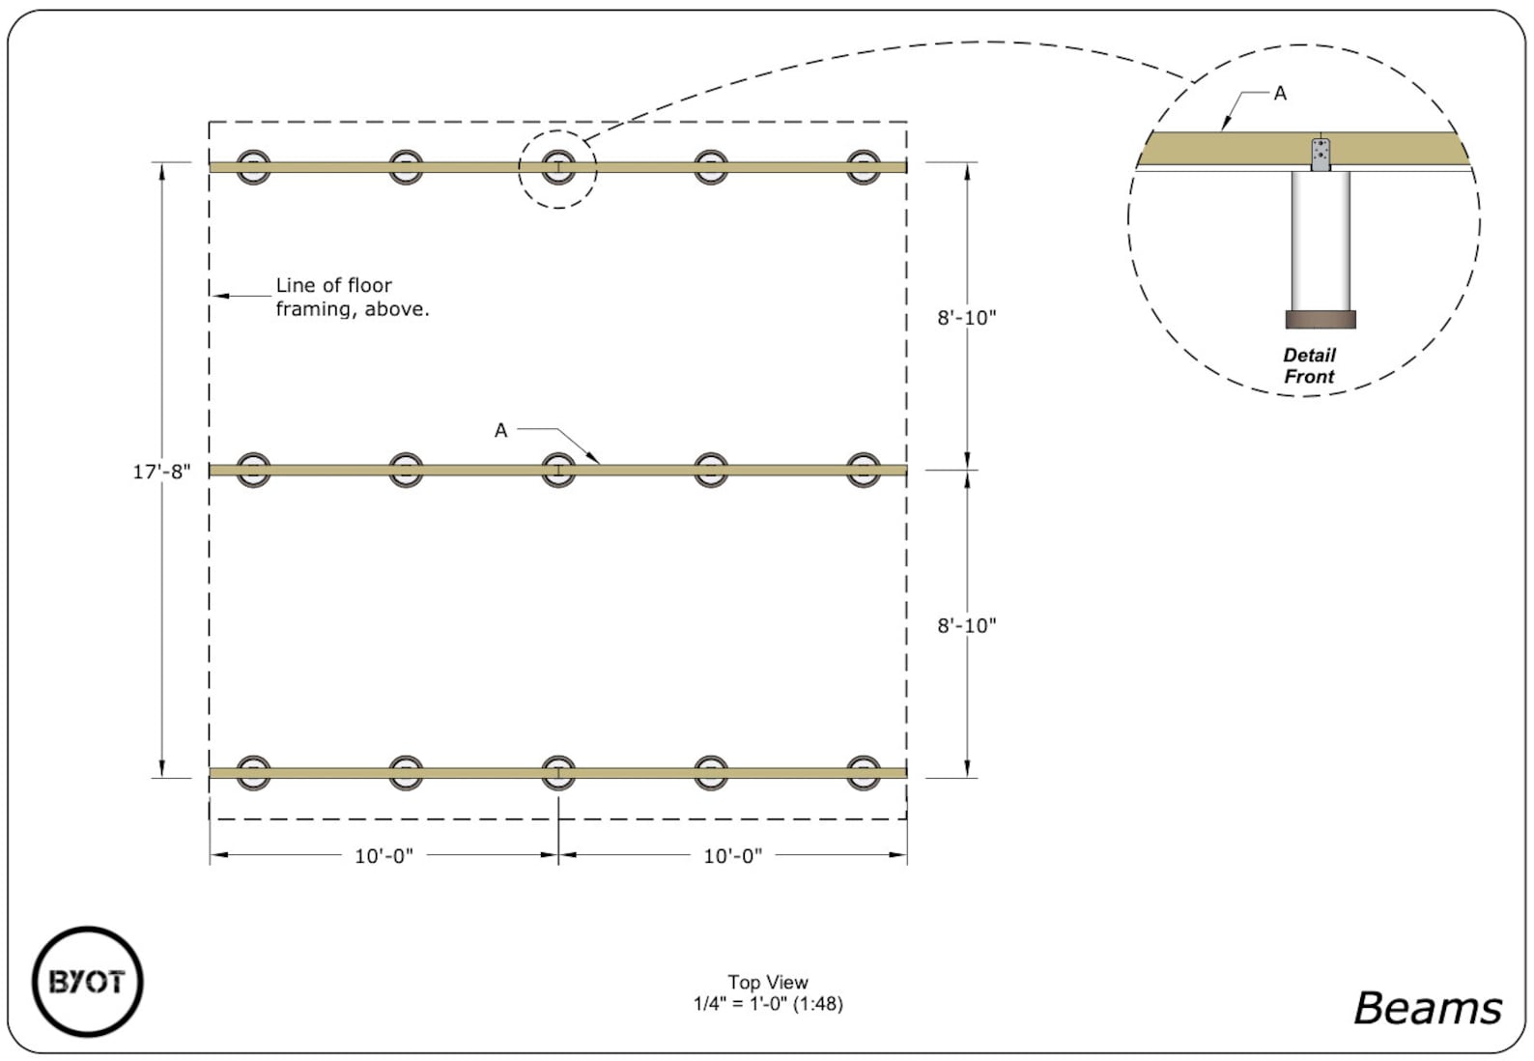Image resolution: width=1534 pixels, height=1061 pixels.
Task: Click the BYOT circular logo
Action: pyautogui.click(x=87, y=982)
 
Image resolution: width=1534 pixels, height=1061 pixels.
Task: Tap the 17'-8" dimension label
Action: pyautogui.click(x=161, y=472)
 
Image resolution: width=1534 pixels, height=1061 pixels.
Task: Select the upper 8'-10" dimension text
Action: pyautogui.click(x=966, y=318)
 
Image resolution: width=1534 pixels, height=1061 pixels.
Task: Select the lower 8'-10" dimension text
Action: pyautogui.click(x=966, y=626)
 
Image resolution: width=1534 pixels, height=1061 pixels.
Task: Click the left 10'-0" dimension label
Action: pyautogui.click(x=383, y=856)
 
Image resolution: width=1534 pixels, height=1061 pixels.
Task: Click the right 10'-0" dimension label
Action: pyautogui.click(x=732, y=856)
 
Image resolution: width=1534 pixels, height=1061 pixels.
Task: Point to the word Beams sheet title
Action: pyautogui.click(x=1427, y=1008)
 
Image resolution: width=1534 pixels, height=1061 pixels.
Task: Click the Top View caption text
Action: pyautogui.click(x=768, y=982)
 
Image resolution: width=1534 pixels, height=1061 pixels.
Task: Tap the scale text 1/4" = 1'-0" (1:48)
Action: pyautogui.click(x=768, y=1004)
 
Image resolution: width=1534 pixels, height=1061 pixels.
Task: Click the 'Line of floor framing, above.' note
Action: pyautogui.click(x=352, y=297)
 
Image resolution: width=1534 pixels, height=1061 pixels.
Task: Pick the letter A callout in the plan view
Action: pyautogui.click(x=500, y=430)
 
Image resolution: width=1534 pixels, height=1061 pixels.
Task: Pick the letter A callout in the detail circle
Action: pyautogui.click(x=1280, y=94)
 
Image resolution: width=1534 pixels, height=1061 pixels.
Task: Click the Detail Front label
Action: pyautogui.click(x=1309, y=366)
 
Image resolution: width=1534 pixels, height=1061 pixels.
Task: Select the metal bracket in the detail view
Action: pyautogui.click(x=1320, y=155)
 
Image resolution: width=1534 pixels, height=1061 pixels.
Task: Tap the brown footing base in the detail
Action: pyautogui.click(x=1320, y=320)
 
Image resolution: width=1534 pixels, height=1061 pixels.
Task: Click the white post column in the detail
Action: pyautogui.click(x=1320, y=242)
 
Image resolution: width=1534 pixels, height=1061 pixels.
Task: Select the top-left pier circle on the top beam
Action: pyautogui.click(x=253, y=167)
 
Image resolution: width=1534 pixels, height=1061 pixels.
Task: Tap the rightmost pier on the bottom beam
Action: pyautogui.click(x=863, y=773)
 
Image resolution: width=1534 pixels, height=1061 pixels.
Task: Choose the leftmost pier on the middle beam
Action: pyautogui.click(x=253, y=471)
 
